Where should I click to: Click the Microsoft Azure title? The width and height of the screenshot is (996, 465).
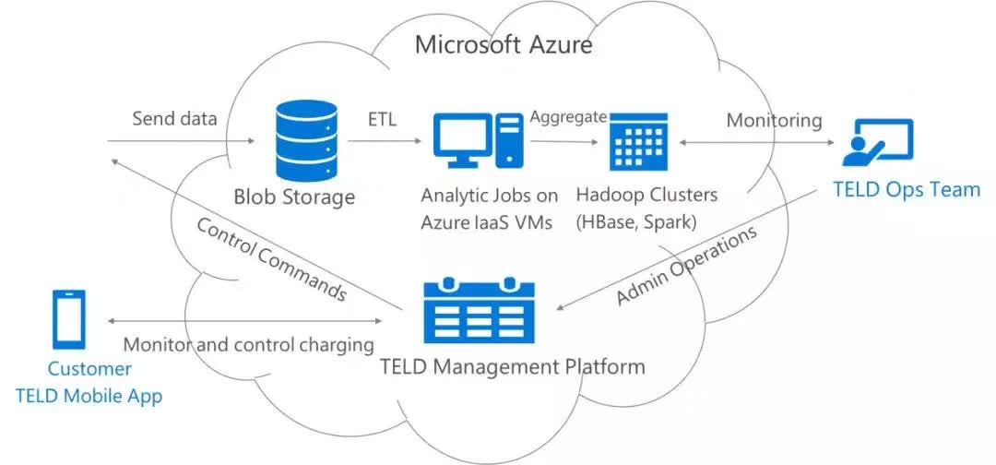(x=504, y=45)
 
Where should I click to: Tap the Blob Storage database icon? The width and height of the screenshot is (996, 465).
(x=305, y=141)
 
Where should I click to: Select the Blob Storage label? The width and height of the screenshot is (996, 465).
(x=294, y=197)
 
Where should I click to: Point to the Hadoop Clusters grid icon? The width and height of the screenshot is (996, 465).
(x=638, y=142)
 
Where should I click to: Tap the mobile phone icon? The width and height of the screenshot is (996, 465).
(x=68, y=319)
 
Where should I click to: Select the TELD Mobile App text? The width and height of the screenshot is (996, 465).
(x=89, y=397)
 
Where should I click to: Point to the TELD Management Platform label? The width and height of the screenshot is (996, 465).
(x=512, y=366)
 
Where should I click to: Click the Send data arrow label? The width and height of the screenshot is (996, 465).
(x=174, y=118)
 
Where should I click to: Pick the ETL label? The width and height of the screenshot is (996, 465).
(x=383, y=119)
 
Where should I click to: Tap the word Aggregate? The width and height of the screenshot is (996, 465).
(x=568, y=117)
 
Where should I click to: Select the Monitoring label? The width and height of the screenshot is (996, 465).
(x=775, y=120)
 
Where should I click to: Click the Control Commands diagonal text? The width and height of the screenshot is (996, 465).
(x=271, y=258)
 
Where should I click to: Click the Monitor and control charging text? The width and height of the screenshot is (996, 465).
(x=248, y=345)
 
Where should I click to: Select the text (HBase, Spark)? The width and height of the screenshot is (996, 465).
(x=637, y=223)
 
